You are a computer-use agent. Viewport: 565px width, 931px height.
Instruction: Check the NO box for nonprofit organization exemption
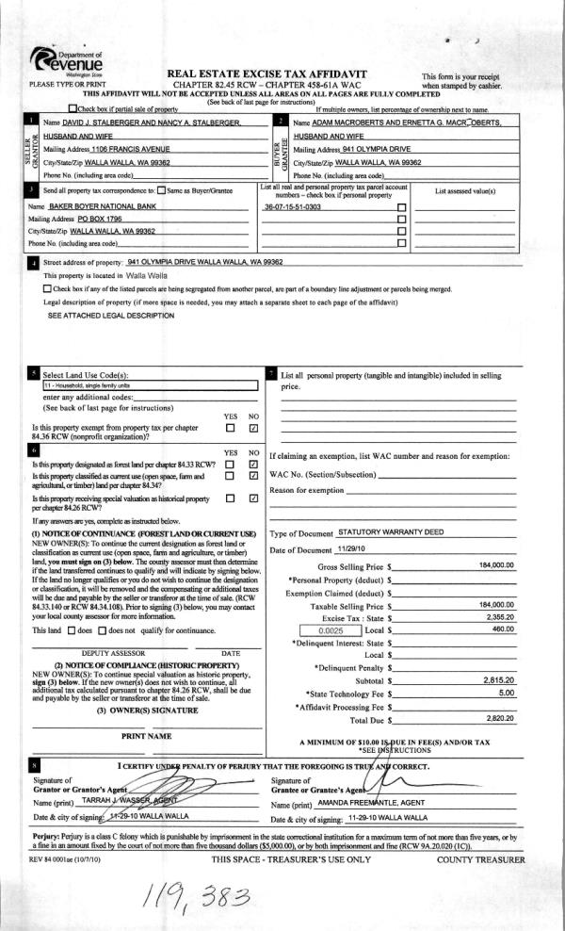pos(254,429)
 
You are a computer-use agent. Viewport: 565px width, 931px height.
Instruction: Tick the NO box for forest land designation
pos(254,464)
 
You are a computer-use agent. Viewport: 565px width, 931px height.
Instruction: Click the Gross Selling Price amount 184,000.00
pos(496,565)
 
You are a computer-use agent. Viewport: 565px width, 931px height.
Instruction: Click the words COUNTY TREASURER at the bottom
pos(480,834)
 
